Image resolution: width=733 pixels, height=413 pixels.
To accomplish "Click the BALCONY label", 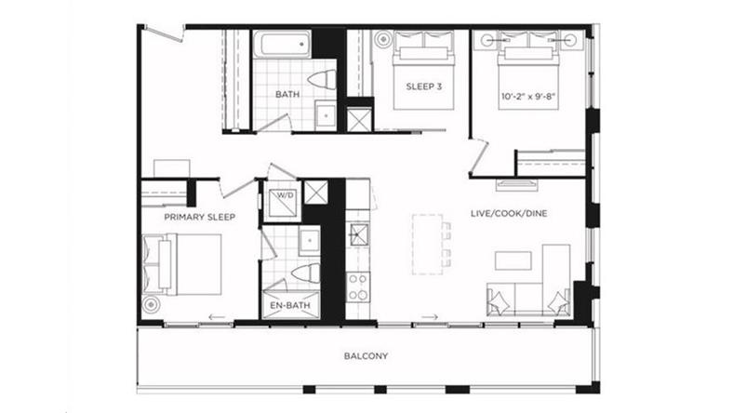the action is tap(366, 356).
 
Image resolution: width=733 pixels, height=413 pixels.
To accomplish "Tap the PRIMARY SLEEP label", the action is tap(200, 217).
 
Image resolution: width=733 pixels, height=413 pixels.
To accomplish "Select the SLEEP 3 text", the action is tap(424, 87).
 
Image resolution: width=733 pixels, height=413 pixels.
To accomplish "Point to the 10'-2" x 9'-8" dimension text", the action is tap(528, 97).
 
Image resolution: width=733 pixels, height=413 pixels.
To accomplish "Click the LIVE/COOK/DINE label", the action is tap(509, 214).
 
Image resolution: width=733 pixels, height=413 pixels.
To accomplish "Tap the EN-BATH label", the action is tap(290, 305).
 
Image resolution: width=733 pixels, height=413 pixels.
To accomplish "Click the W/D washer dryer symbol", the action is tap(283, 200).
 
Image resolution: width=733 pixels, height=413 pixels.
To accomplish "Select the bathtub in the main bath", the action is tap(282, 45).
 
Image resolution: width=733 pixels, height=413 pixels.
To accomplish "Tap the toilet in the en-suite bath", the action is tap(306, 273).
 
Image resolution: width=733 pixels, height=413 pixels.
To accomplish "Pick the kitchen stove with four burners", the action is tap(357, 286).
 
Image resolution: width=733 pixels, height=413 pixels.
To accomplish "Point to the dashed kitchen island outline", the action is tap(427, 244).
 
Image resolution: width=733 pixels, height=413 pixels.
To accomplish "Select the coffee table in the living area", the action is tap(513, 260).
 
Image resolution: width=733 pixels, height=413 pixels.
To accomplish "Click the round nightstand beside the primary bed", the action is tap(151, 305).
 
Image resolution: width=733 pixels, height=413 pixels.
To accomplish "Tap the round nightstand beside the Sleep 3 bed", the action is tap(383, 39).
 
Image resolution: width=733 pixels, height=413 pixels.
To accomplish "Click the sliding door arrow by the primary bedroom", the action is tap(217, 317).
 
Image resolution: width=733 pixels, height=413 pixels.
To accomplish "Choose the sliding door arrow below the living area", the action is tap(429, 317).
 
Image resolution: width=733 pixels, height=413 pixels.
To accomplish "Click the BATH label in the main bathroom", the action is tap(287, 95).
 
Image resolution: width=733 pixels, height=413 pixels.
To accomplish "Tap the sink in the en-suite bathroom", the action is tap(310, 241).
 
